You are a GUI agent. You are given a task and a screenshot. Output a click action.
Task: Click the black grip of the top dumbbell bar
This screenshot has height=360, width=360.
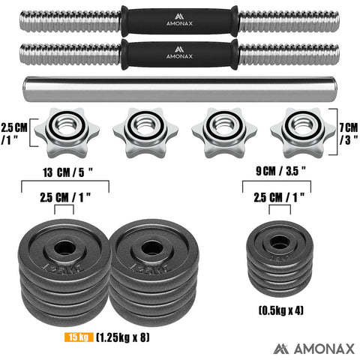click(180, 19)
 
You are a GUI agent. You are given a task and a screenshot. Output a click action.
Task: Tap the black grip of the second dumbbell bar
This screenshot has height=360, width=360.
click(180, 54)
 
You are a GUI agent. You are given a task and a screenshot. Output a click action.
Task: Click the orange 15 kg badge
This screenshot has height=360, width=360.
click(76, 337)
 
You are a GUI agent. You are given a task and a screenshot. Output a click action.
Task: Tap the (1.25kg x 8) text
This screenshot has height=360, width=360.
click(124, 337)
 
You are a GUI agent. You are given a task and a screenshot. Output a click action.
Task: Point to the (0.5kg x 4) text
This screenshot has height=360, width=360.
click(281, 309)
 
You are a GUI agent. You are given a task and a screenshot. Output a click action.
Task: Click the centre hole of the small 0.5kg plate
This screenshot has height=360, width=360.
click(280, 241)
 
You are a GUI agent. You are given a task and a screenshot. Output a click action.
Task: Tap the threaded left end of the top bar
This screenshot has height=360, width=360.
click(72, 19)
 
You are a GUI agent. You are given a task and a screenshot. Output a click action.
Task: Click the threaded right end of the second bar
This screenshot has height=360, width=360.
click(288, 54)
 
